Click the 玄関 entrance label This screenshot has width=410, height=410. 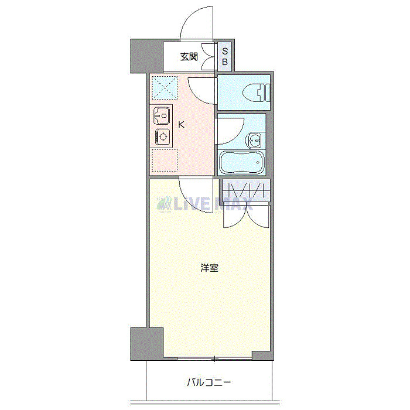click(x=189, y=57)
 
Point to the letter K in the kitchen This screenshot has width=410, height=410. click(x=182, y=124)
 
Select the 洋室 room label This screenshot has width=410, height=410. click(x=210, y=268)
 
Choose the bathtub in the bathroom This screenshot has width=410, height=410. click(x=242, y=163)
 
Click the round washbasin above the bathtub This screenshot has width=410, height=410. click(x=255, y=140)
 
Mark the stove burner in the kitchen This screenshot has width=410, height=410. click(x=162, y=137)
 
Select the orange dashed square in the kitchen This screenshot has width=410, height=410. click(x=164, y=160)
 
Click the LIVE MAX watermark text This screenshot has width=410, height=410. click(x=205, y=204)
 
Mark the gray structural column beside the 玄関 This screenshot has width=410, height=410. click(x=145, y=55)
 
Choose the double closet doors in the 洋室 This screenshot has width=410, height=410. click(x=247, y=214)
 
